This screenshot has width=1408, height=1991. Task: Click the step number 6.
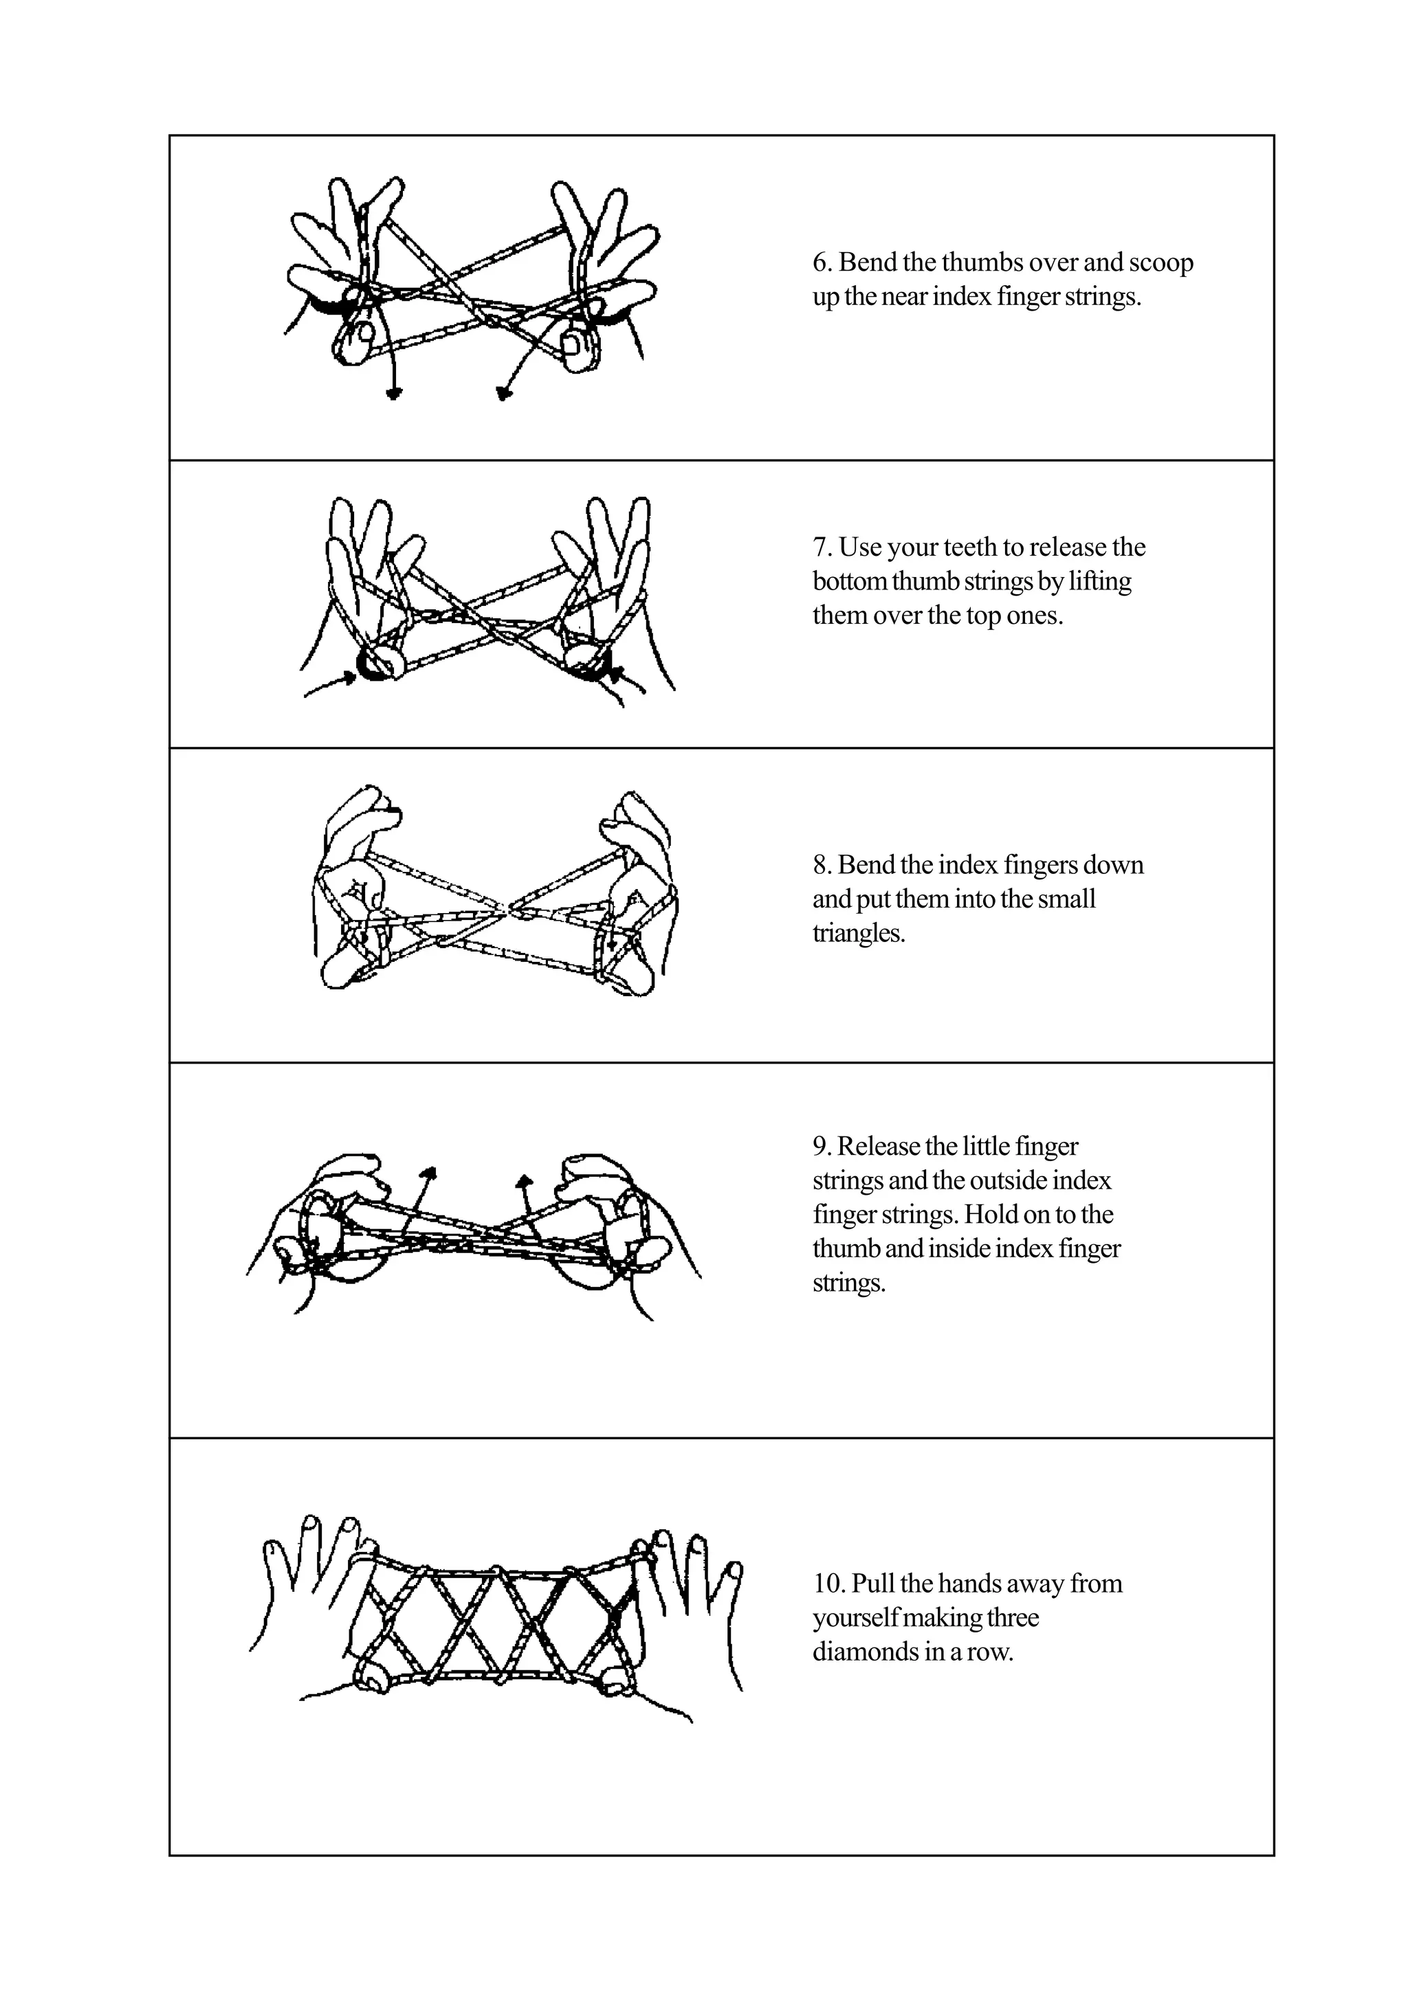click(821, 262)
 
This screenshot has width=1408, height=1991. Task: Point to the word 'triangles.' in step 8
click(858, 933)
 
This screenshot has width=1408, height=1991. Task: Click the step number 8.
click(821, 866)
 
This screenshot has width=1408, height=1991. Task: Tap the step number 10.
click(828, 1584)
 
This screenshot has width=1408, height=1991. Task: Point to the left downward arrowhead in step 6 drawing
click(395, 394)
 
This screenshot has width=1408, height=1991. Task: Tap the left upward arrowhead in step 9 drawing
click(428, 1172)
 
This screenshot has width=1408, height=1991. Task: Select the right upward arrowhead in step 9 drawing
click(523, 1180)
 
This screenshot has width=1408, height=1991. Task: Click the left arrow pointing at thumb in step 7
click(347, 679)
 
